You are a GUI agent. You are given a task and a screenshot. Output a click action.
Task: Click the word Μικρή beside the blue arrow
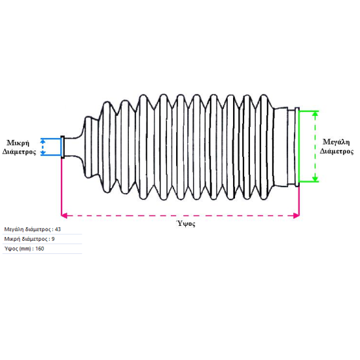[18, 143]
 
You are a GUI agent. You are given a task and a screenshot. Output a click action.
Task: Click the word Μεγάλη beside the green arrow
[336, 142]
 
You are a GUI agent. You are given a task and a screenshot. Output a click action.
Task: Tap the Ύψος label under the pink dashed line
[186, 223]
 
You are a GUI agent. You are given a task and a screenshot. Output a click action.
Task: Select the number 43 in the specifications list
[58, 229]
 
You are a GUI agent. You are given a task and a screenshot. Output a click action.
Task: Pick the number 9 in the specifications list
[53, 239]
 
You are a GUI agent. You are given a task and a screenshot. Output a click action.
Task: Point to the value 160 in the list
[40, 249]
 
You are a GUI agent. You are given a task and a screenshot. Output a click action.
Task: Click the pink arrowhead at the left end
[64, 215]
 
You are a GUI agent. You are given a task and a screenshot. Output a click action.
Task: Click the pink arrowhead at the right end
[297, 215]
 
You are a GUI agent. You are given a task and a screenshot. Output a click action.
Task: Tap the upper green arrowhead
[315, 113]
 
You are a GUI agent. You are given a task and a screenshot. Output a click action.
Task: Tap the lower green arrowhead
[315, 179]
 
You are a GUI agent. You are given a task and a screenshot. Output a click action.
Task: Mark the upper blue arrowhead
[43, 141]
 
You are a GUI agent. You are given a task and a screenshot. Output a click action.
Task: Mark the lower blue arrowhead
[43, 153]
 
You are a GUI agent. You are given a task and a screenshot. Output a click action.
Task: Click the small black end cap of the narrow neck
[63, 147]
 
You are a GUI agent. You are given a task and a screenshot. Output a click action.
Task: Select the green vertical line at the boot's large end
[298, 147]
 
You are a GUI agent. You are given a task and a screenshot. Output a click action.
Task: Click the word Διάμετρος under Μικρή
[19, 152]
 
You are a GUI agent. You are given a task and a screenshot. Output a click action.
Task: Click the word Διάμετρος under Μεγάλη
[336, 151]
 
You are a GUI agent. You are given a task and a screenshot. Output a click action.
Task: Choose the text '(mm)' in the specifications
[26, 249]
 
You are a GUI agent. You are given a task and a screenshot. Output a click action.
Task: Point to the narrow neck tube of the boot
[71, 147]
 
